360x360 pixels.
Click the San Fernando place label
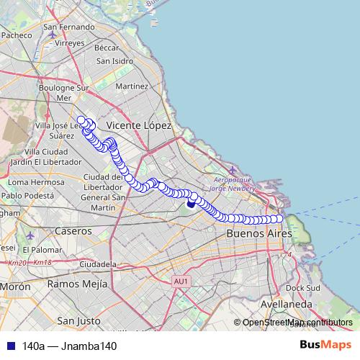coord(69,27)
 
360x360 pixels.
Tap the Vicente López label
coord(139,125)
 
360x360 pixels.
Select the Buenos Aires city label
coord(259,234)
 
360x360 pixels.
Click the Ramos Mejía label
coord(76,284)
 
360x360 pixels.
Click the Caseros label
coord(73,231)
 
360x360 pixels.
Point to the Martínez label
coord(131,86)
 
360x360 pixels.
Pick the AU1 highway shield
coord(181,281)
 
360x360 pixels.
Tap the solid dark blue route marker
coord(191,203)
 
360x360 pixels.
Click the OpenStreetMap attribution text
coord(297,322)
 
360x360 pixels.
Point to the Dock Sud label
coord(302,287)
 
